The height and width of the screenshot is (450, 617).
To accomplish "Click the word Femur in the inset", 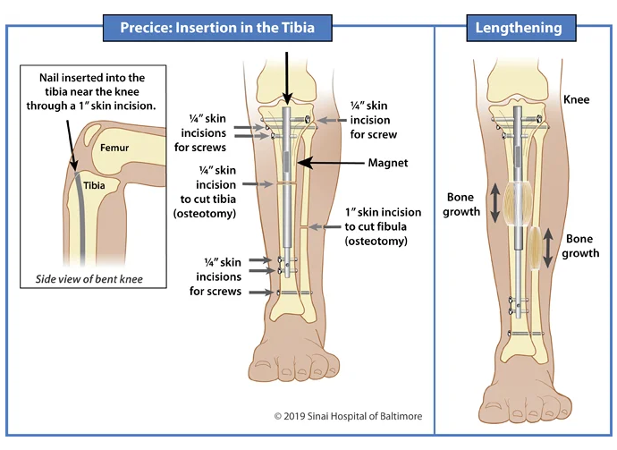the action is tap(114, 148).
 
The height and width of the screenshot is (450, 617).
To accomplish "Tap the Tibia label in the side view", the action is tap(94, 185).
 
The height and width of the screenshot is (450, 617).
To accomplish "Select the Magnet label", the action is tap(388, 163).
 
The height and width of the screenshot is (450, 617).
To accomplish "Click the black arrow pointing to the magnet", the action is tap(331, 163).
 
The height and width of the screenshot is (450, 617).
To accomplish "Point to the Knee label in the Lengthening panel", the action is tap(577, 99).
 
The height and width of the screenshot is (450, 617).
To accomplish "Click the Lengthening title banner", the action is tap(521, 28).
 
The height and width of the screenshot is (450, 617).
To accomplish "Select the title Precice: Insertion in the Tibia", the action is tap(217, 28).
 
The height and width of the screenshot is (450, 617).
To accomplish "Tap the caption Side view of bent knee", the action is tap(89, 279).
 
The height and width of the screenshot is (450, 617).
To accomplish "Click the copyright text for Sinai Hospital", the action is tap(348, 416).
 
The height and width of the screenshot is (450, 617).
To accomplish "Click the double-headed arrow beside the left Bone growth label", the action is tap(495, 203).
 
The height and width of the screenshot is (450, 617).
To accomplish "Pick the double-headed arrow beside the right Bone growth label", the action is tap(548, 248).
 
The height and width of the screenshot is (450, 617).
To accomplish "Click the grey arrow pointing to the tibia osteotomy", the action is tap(258, 184).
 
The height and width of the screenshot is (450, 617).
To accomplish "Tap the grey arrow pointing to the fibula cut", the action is tap(325, 226).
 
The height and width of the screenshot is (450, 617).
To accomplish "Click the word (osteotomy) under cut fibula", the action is tap(376, 241).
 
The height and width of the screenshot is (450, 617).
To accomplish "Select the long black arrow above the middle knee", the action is tap(287, 79).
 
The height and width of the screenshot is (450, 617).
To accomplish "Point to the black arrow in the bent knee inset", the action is tap(72, 146).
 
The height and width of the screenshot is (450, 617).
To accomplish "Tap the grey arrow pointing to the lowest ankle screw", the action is tap(261, 293).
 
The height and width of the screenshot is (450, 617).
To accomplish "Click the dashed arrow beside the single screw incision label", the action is tap(332, 121).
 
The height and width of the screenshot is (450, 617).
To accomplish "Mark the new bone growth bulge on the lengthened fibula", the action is tap(535, 248).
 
